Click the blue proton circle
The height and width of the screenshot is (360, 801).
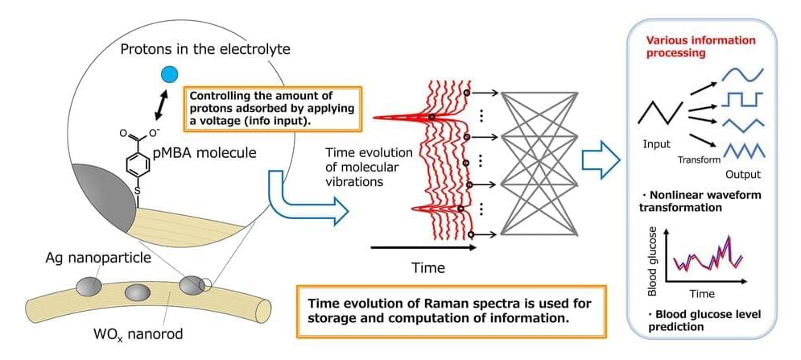click(169, 75)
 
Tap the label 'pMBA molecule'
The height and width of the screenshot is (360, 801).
click(206, 152)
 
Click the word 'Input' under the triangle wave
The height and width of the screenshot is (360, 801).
click(657, 144)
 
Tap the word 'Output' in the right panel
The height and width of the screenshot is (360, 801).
click(741, 174)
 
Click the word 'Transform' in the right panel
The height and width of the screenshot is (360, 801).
click(699, 159)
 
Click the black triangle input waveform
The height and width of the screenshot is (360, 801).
click(660, 112)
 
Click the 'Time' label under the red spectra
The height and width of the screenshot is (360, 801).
click(428, 266)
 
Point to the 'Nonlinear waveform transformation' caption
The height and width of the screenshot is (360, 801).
click(704, 201)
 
